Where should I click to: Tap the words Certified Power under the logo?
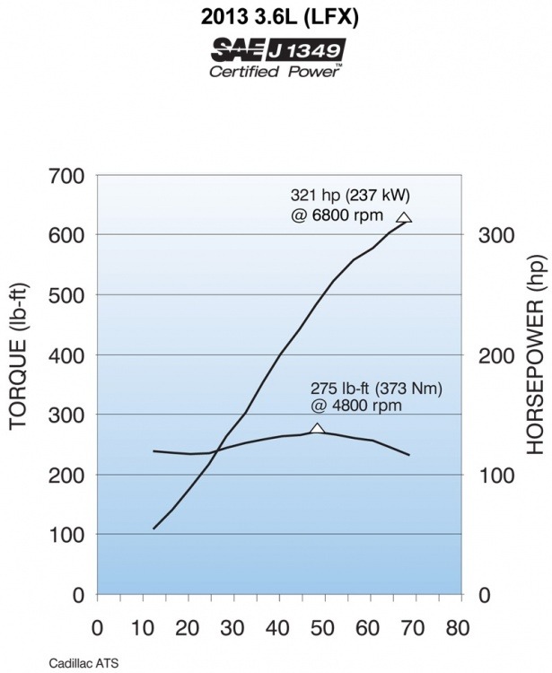275,72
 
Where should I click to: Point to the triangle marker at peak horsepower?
404,217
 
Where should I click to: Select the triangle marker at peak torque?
317,429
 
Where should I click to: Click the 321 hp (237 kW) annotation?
351,196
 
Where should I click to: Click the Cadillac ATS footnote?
84,663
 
